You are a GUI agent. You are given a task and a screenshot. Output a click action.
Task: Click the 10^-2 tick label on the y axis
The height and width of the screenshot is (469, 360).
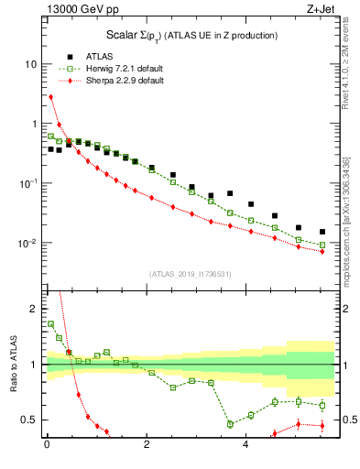(x=27, y=244)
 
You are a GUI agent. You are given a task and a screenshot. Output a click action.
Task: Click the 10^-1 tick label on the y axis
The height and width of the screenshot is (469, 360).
(x=27, y=184)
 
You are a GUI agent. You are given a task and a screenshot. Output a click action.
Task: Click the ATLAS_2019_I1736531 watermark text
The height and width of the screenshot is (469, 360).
(x=191, y=274)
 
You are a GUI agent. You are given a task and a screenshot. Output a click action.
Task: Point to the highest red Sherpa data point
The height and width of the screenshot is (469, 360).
(x=50, y=96)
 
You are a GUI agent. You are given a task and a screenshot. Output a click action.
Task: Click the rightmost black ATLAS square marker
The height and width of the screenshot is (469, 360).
(x=322, y=232)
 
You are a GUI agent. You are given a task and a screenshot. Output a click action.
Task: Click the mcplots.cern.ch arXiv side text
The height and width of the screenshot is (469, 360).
(x=352, y=220)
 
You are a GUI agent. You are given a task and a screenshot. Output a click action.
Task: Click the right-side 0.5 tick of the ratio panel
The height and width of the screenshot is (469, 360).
(x=346, y=420)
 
